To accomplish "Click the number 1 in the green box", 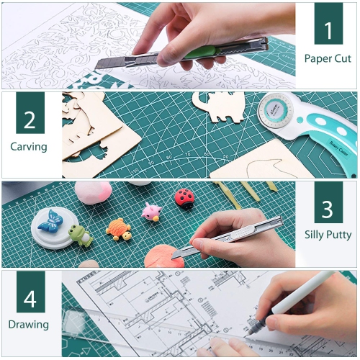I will tap(328, 30).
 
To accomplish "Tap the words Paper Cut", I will tap(328, 58).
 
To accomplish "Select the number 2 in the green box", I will tap(30, 120).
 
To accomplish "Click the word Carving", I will tap(29, 147).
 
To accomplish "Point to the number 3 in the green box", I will tap(328, 209).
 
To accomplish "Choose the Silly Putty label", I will tap(328, 235).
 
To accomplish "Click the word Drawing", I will tap(29, 324).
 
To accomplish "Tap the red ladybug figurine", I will tap(184, 196).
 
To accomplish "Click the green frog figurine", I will tap(79, 234).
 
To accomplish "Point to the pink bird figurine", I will tap(151, 212).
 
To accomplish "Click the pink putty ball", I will tap(94, 192).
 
